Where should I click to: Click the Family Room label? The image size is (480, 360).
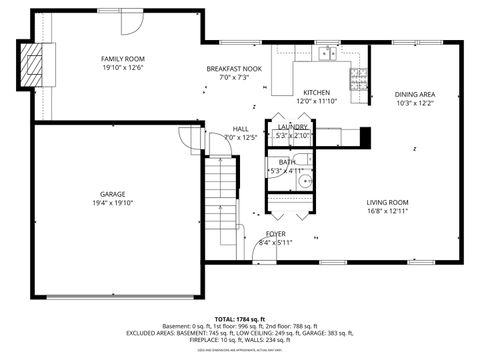122,59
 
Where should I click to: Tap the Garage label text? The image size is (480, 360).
112,194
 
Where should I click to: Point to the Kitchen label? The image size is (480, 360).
316,92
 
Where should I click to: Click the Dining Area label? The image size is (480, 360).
414,94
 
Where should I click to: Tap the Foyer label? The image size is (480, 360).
276,233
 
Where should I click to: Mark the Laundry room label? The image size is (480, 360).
293,127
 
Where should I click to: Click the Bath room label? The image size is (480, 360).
287,161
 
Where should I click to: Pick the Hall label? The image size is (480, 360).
241,128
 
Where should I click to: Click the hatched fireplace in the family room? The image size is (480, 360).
36,66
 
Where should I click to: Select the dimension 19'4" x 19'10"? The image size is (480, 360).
112,203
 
